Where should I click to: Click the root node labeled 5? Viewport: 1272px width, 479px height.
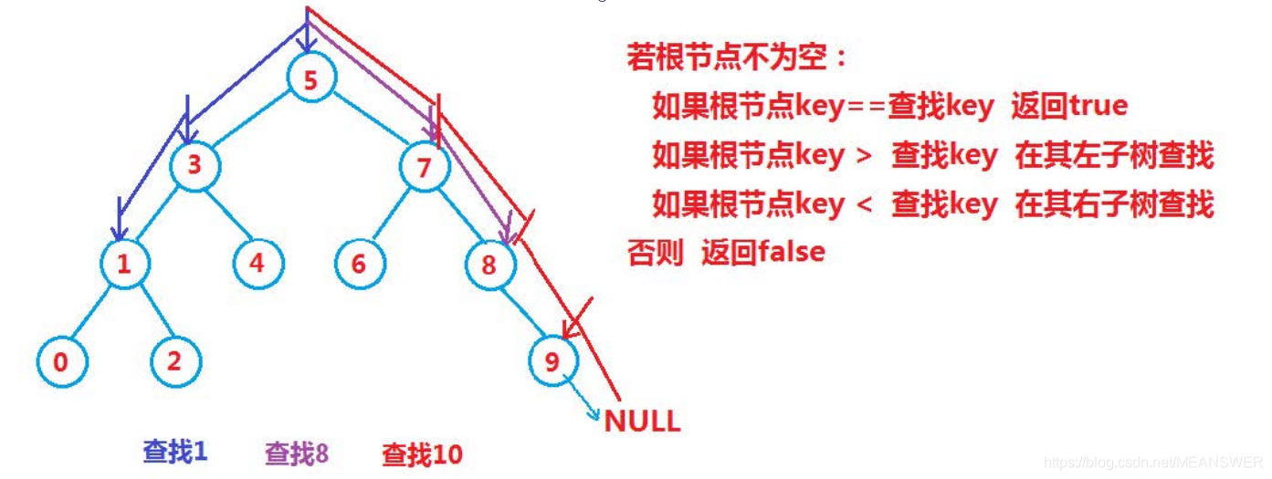310,80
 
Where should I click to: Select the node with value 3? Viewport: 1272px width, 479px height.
194,166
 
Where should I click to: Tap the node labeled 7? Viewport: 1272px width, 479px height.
422,167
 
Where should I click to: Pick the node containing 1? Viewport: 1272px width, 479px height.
125,264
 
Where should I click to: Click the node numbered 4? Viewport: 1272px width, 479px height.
257,263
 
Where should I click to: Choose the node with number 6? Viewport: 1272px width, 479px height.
358,264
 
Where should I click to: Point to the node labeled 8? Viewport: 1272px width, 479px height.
489,266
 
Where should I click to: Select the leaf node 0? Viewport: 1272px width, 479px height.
61,361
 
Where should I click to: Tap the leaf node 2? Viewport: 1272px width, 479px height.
174,360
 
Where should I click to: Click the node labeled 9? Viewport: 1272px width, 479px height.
552,361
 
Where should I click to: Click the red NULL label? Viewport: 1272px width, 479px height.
642,422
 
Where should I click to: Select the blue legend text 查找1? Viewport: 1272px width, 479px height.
174,451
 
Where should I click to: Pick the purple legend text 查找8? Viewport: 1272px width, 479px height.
296,453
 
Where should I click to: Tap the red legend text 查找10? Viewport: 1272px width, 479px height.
422,453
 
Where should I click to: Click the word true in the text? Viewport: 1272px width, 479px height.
1098,106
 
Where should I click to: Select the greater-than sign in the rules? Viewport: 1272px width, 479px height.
866,156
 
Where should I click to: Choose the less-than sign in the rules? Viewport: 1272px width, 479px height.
866,205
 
